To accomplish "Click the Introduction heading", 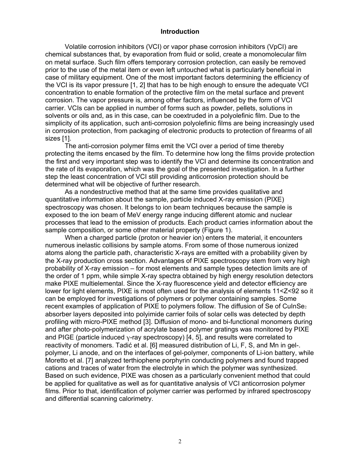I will tap(180, 31).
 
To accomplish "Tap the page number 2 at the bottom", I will tap(180, 441).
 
